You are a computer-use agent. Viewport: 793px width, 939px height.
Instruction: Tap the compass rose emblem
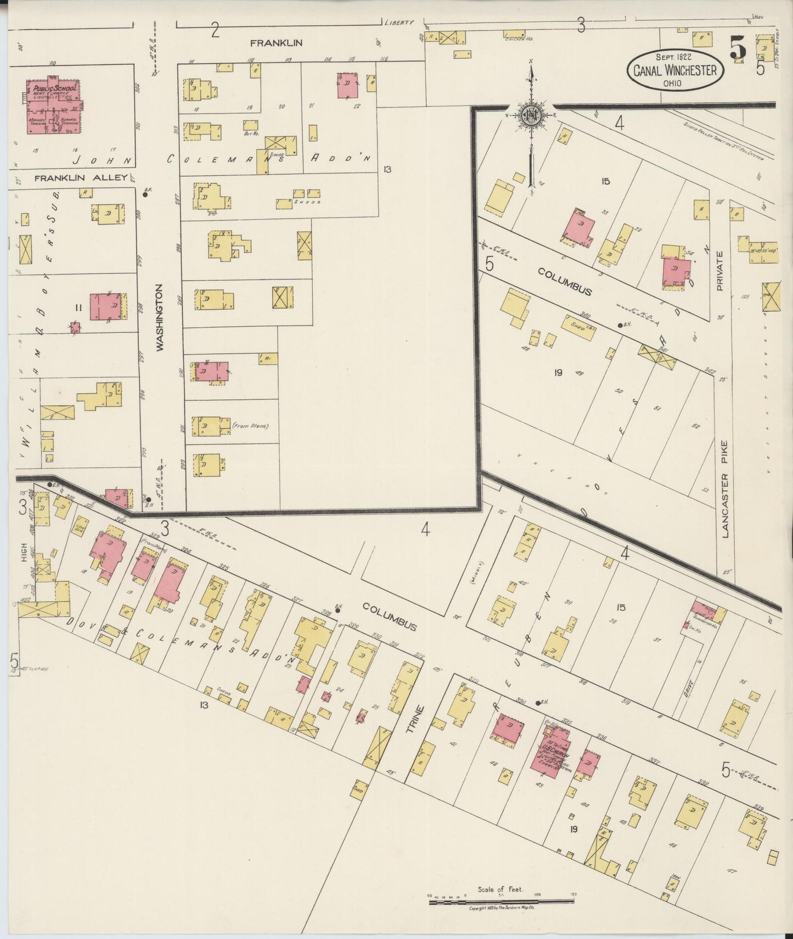(531, 115)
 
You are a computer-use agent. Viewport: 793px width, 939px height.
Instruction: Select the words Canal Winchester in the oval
(675, 70)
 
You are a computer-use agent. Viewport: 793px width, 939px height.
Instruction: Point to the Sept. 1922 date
(673, 57)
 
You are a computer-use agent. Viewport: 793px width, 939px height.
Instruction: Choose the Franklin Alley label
(81, 178)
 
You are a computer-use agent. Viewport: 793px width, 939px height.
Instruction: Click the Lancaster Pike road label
(725, 489)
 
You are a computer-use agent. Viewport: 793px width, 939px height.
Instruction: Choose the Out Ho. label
(250, 133)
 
